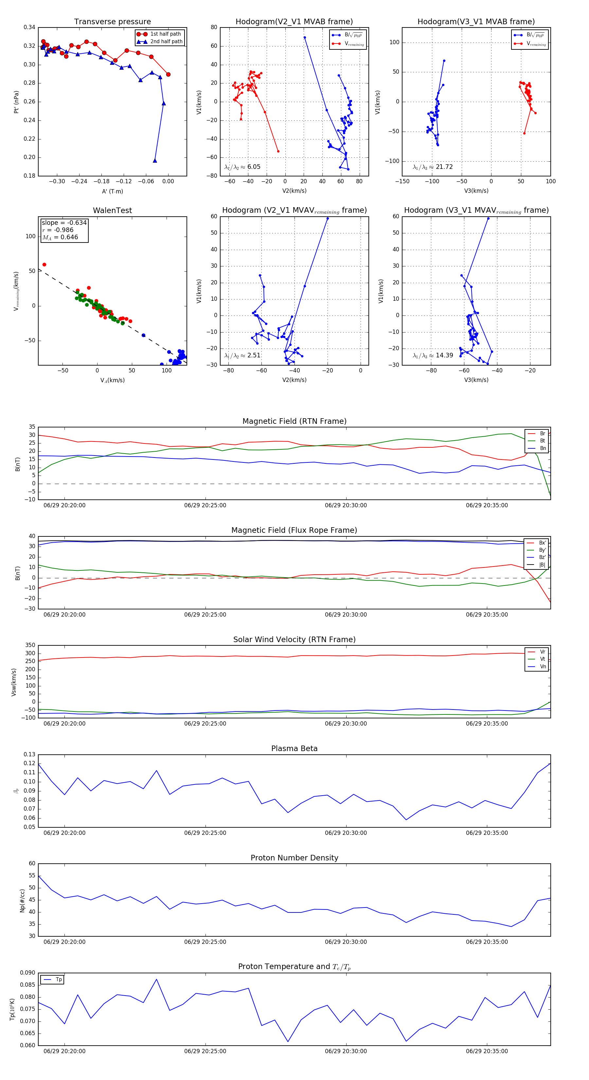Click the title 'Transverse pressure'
112,22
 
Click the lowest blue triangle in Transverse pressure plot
155,161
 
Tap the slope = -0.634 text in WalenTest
64,223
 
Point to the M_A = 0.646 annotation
60,237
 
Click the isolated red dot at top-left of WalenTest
45,264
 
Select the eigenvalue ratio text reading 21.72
433,167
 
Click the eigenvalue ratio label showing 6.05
242,167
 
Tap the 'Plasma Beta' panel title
294,748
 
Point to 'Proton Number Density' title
294,858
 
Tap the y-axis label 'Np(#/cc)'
22,900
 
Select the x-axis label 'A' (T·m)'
112,191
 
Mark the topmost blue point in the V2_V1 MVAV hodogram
328,218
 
